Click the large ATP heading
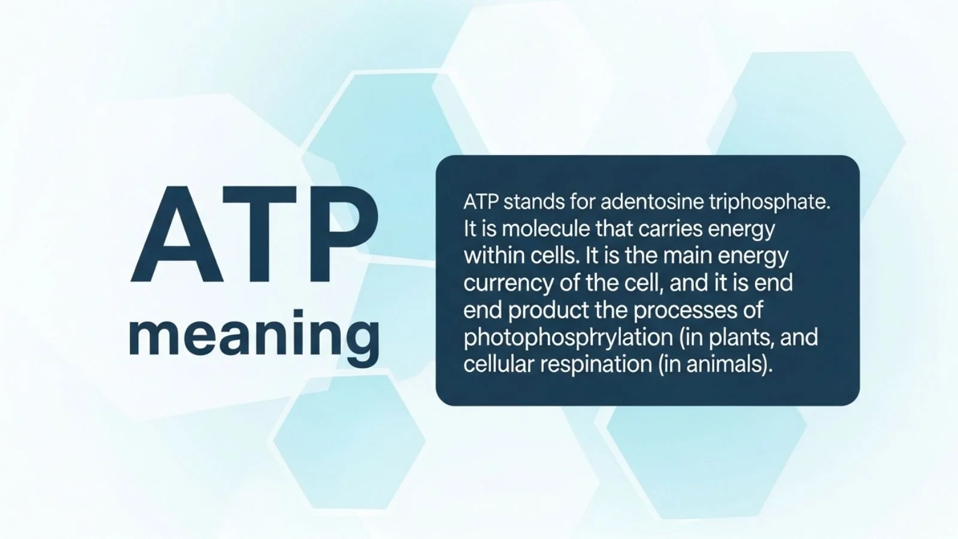(x=254, y=235)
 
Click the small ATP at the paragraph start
(x=480, y=202)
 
